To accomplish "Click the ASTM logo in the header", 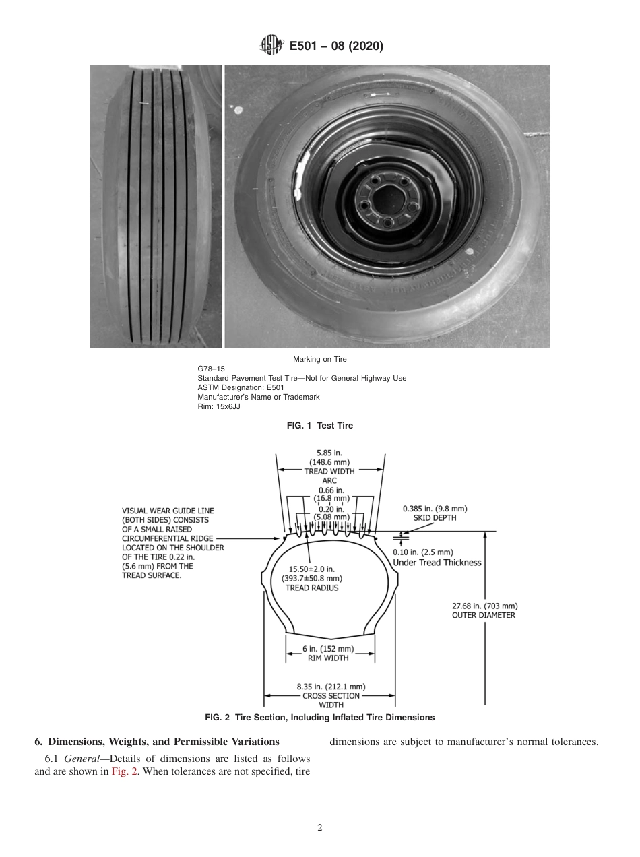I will (x=269, y=46).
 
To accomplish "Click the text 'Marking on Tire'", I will (x=319, y=359).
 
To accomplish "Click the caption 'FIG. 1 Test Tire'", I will (x=319, y=426).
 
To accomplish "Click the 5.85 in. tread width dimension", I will (x=329, y=453).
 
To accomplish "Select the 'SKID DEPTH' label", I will (x=435, y=518).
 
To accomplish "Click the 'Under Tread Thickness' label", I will (x=437, y=563).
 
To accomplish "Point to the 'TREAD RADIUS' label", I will (x=311, y=588).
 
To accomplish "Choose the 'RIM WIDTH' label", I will (x=329, y=658).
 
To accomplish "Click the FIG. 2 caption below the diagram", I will (x=319, y=718).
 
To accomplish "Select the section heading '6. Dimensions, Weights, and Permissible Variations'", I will (x=156, y=742).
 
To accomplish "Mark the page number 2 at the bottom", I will (x=320, y=828).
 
